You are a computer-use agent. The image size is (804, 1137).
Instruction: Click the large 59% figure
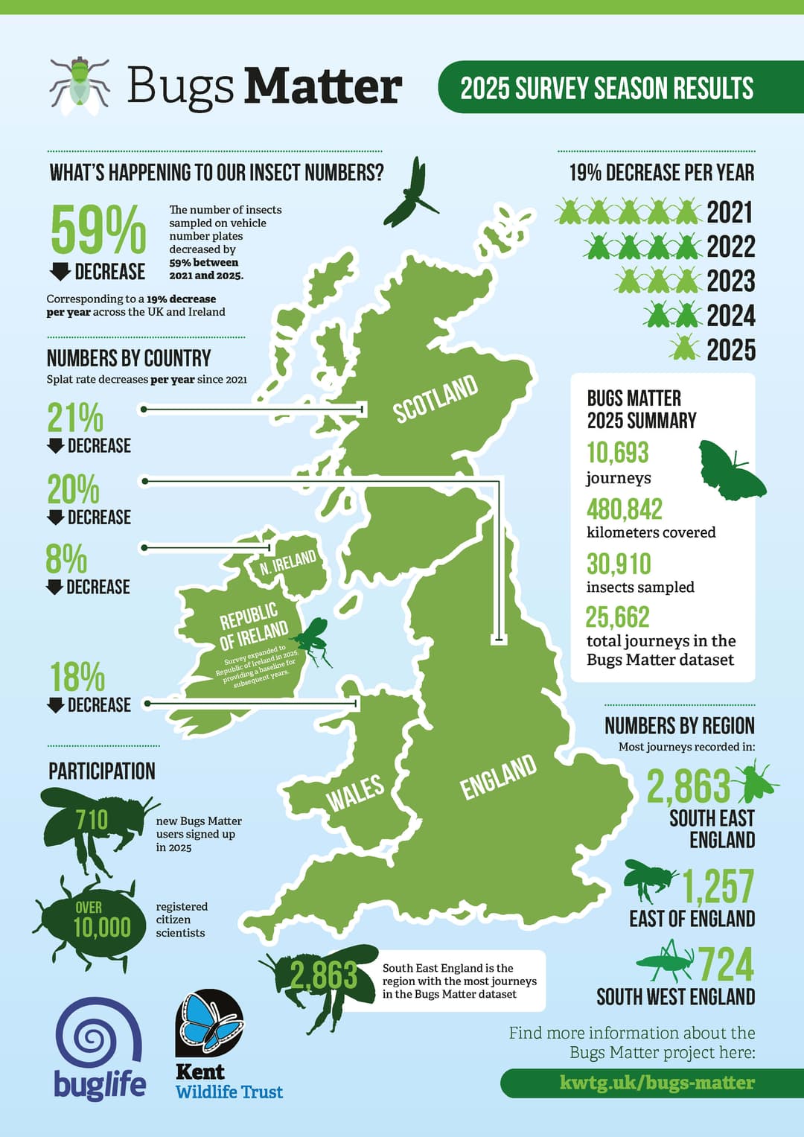click(98, 229)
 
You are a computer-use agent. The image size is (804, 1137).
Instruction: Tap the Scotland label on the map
click(435, 399)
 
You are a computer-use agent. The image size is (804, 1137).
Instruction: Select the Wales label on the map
click(356, 792)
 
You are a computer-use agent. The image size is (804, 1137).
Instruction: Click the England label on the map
click(498, 776)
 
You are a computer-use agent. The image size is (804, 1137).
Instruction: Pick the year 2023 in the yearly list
click(730, 281)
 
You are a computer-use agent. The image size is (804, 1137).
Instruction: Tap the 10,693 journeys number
click(617, 453)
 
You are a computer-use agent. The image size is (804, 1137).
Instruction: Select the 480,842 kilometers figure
click(624, 509)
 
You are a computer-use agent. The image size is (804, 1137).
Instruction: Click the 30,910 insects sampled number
click(618, 564)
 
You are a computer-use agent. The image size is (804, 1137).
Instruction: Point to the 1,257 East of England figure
click(718, 886)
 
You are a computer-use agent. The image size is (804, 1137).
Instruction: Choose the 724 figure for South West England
click(726, 965)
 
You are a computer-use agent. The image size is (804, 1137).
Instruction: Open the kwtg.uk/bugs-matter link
click(657, 1083)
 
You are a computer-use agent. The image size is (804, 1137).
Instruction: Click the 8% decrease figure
click(66, 559)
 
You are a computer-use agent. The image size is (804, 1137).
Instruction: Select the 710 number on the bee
click(92, 820)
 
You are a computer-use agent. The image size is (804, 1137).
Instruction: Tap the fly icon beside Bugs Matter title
click(79, 85)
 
